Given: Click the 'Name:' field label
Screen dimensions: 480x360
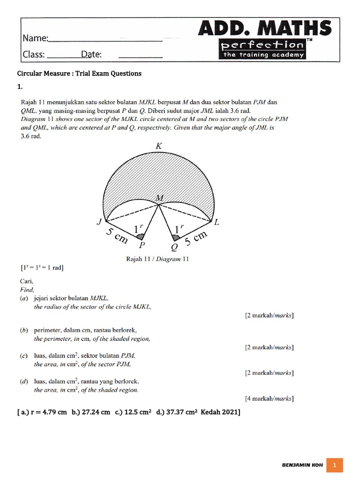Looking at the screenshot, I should pos(35,38).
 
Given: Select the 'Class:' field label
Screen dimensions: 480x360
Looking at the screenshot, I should pos(34,54).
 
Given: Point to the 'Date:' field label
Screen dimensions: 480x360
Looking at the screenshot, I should pos(91,54).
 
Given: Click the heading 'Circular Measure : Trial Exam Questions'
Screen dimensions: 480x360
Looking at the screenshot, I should pos(79,74).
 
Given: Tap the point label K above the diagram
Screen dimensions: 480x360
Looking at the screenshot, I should pos(158,146).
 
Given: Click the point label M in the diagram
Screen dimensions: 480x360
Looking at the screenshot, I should pos(159,198).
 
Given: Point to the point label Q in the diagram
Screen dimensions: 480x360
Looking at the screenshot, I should pos(175,247).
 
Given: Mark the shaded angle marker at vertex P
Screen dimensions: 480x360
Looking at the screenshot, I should pos(140,236).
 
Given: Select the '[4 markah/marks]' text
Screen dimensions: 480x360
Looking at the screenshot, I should pos(270,399).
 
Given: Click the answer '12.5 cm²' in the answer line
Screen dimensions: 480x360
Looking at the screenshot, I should pos(139,412).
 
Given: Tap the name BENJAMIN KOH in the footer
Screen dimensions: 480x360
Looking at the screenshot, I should pos(301,465).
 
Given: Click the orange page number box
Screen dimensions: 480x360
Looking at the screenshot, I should pos(335,465).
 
